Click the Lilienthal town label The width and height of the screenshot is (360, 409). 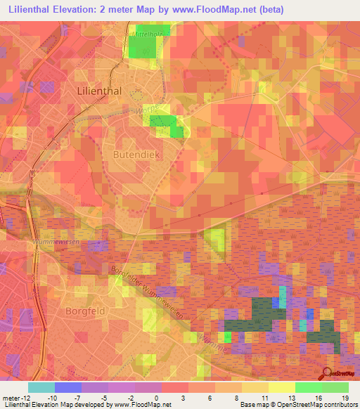coord(98,91)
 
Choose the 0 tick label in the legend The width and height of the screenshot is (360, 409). coord(157,397)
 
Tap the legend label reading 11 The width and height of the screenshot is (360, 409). coord(263,397)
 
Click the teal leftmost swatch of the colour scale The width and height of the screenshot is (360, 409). coord(41,387)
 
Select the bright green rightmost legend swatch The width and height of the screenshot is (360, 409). coord(335,387)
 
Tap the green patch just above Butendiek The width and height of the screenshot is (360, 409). coord(167,124)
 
